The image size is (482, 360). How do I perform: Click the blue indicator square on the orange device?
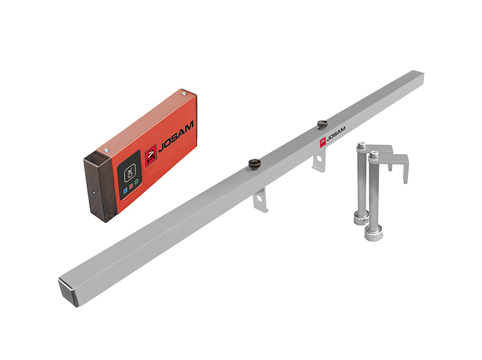coord(125,191)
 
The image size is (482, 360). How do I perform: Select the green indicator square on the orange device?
coord(137,182)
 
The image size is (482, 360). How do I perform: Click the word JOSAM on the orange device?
coord(176,136)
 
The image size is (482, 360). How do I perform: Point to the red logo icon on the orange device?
coord(151,156)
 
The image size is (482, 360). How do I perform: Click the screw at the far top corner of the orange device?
coord(184,93)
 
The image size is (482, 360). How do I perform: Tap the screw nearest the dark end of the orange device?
coord(107,151)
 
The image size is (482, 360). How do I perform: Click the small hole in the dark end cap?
coord(94,192)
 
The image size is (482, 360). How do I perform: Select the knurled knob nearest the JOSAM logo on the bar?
coord(322,124)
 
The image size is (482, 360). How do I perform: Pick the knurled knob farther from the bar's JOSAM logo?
coord(254,164)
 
